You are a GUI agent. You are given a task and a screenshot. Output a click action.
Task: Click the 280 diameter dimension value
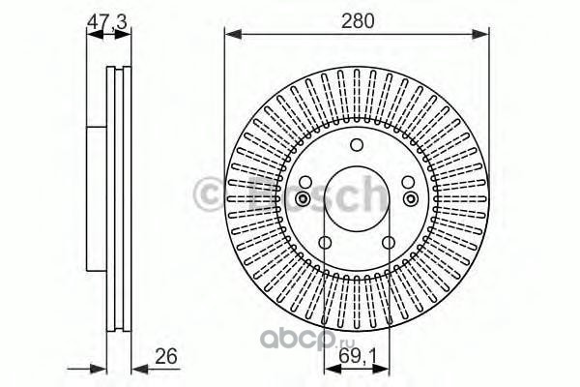[358, 21]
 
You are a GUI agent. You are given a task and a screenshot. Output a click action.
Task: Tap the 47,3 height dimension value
[107, 22]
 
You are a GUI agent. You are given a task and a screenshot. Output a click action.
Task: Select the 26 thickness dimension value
[166, 356]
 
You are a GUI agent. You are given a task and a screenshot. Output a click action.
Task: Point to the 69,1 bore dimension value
[357, 357]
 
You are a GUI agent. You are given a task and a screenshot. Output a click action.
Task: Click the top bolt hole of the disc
[357, 145]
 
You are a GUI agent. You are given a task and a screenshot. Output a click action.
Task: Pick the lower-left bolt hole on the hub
[325, 243]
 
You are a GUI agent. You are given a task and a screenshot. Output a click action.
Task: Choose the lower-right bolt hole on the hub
[389, 243]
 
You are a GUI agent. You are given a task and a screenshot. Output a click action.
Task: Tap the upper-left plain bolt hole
[305, 182]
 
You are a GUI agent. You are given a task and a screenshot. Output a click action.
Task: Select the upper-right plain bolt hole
[408, 182]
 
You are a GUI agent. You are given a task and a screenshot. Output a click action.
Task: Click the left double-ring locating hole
[303, 199]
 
